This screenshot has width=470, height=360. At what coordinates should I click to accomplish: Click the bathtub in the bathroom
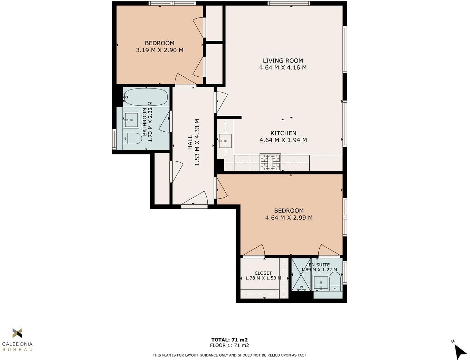145,97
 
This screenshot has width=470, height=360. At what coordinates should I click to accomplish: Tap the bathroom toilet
132,139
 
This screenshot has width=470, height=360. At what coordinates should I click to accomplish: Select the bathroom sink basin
131,120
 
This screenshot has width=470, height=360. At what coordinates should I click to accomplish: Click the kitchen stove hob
270,162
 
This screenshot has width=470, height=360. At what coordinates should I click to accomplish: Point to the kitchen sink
225,141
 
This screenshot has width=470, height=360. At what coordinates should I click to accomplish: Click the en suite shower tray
301,275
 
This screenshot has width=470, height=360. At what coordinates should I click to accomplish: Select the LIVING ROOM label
283,60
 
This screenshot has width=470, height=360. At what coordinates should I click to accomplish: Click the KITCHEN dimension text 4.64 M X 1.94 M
283,140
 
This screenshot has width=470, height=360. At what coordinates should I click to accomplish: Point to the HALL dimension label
197,142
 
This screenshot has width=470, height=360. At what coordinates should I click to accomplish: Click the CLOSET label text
263,273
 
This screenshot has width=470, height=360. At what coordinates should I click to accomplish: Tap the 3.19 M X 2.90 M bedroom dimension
160,50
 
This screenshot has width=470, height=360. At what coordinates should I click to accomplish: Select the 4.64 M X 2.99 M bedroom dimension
289,218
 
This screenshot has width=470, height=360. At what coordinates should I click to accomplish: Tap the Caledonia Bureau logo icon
17,333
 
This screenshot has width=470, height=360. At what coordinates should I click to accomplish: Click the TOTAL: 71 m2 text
229,340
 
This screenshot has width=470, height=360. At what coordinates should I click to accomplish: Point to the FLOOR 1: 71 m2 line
229,345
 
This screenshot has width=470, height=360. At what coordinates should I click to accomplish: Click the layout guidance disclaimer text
229,355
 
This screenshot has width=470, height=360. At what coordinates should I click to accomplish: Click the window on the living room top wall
289,4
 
